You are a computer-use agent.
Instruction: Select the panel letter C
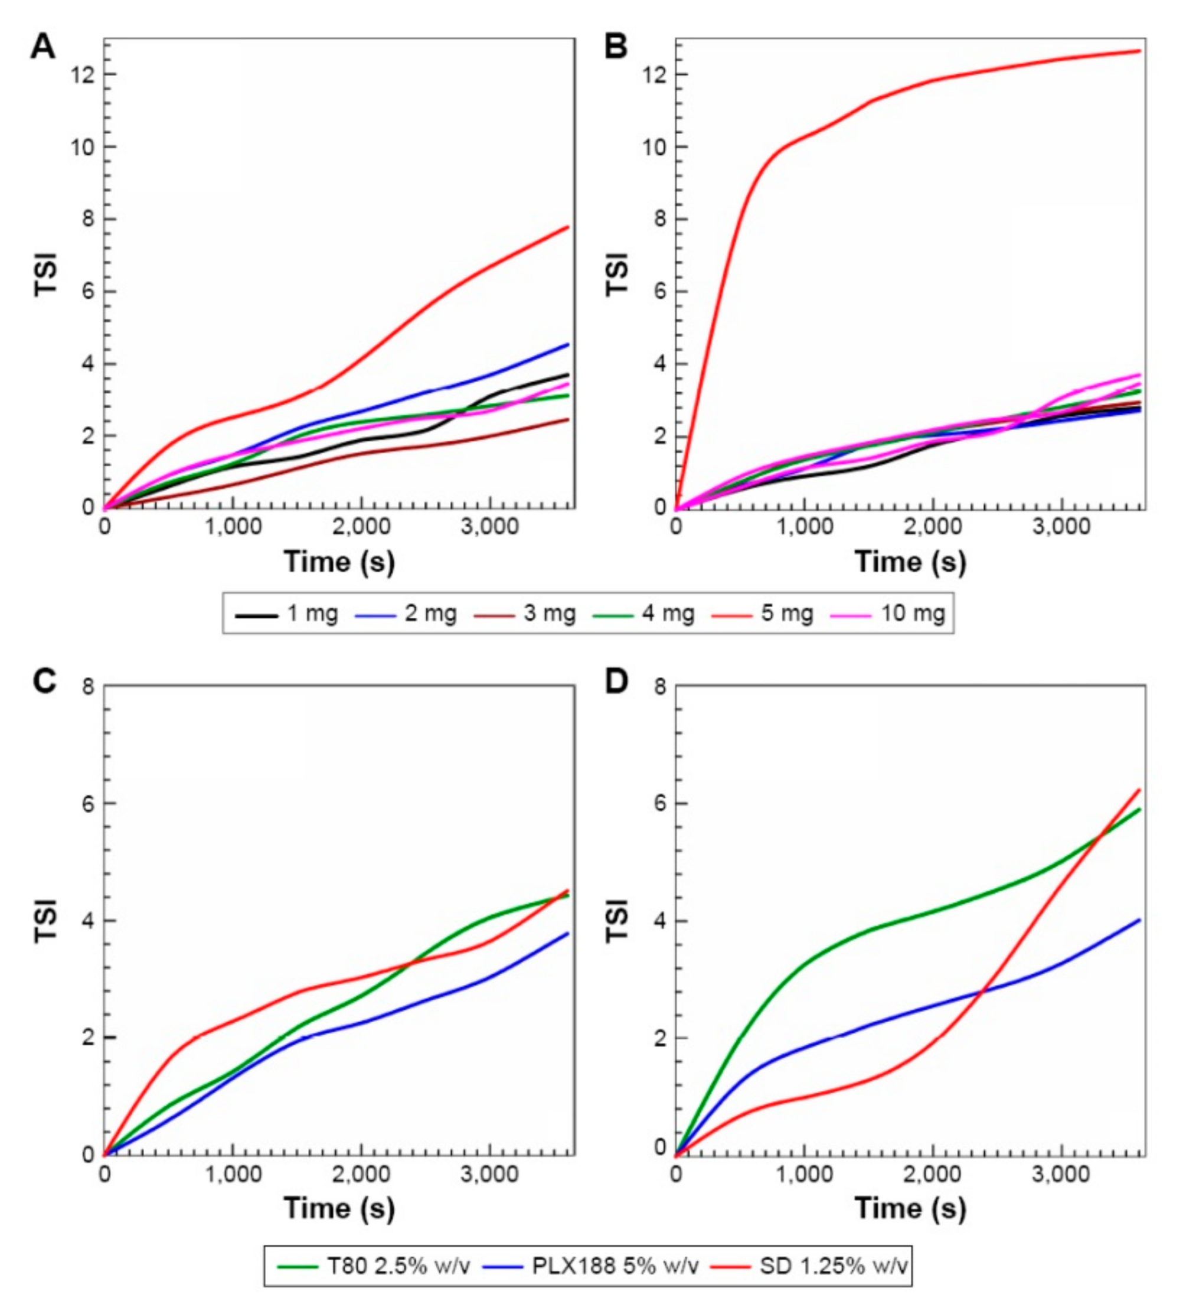[x=44, y=682]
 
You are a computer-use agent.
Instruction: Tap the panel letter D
[x=616, y=682]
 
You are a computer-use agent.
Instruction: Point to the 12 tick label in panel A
[x=83, y=75]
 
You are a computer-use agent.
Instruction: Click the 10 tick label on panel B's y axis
[x=655, y=147]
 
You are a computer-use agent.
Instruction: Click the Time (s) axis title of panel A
[x=339, y=562]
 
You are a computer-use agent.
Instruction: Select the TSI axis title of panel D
[x=616, y=920]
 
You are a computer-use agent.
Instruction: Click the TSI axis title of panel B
[x=616, y=275]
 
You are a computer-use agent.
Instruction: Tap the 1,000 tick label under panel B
[x=804, y=527]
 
